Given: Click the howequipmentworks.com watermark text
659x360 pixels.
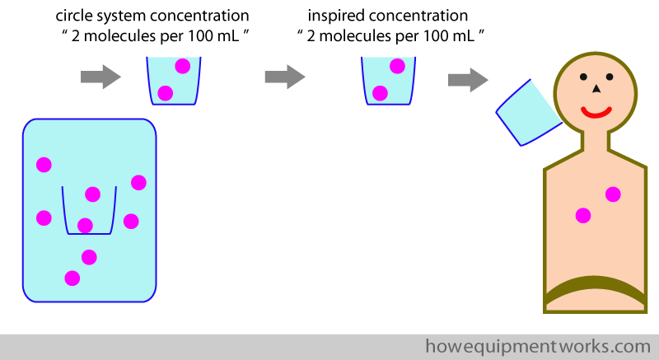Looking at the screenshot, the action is (x=538, y=347).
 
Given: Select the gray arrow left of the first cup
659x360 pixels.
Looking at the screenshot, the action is (x=100, y=77).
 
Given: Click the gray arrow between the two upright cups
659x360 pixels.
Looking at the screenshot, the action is (x=285, y=77).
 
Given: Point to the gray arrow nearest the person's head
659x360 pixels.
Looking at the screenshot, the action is (x=468, y=80).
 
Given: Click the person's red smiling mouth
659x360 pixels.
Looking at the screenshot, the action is (x=596, y=112).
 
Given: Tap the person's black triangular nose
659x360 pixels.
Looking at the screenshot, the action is (x=596, y=89).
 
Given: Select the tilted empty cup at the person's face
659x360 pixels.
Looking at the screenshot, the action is (x=529, y=113).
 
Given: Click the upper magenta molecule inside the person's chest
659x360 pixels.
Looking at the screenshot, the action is (x=613, y=194).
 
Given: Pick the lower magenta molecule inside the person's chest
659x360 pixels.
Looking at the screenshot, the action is (x=583, y=216).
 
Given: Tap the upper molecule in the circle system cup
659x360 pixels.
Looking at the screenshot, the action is (x=182, y=67).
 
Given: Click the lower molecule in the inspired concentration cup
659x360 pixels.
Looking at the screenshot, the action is (x=380, y=93).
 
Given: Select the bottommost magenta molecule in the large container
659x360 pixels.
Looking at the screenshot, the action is (x=72, y=278).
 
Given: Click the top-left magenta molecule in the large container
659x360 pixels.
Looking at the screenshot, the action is (x=44, y=165).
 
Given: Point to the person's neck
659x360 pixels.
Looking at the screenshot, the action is (x=595, y=141).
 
